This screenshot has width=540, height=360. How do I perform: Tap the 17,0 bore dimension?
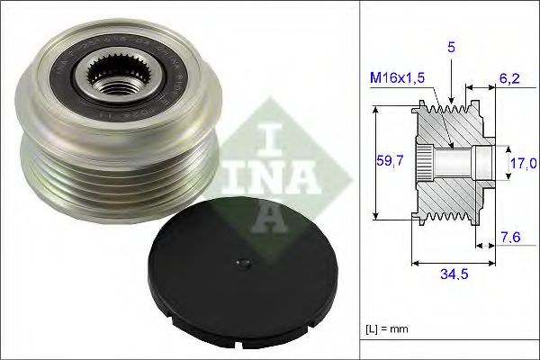[x=523, y=163]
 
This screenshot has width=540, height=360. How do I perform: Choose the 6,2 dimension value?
[x=509, y=78]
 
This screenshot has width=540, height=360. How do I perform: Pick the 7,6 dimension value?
[x=511, y=237]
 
